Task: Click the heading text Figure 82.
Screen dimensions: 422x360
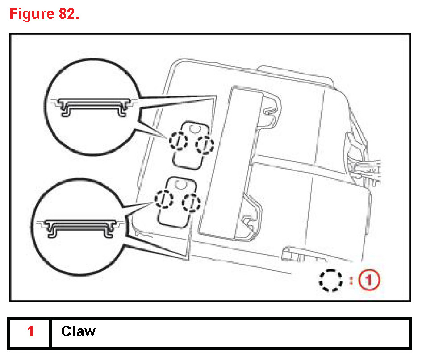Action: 44,14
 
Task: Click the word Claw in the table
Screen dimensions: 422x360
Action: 78,331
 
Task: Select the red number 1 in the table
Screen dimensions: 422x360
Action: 30,332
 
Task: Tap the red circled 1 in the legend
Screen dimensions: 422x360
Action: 370,281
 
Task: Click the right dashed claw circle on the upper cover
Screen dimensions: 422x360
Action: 205,144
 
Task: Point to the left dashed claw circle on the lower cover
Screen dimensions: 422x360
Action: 165,198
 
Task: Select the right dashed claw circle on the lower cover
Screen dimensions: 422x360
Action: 191,203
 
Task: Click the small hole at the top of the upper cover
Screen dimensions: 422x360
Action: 195,128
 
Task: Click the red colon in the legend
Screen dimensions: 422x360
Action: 351,281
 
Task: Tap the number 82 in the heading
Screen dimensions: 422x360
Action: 68,14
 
